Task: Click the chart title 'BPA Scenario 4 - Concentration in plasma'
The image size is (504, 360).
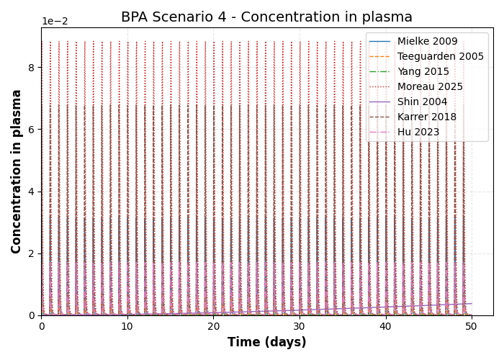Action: pyautogui.click(x=266, y=17)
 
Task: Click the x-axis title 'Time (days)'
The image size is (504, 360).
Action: pyautogui.click(x=266, y=343)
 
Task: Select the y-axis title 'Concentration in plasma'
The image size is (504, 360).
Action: pyautogui.click(x=17, y=171)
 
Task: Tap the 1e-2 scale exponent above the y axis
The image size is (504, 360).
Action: pyautogui.click(x=54, y=22)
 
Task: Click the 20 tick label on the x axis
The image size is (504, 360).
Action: pyautogui.click(x=213, y=326)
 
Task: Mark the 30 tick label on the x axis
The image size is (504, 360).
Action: pyautogui.click(x=300, y=326)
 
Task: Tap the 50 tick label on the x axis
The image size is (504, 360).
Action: pyautogui.click(x=472, y=326)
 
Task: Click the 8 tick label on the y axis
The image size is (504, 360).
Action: pyautogui.click(x=32, y=68)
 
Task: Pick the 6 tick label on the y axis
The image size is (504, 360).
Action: pyautogui.click(x=32, y=130)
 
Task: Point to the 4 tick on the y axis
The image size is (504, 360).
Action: pyautogui.click(x=32, y=192)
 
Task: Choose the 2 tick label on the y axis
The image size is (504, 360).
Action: pyautogui.click(x=32, y=253)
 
